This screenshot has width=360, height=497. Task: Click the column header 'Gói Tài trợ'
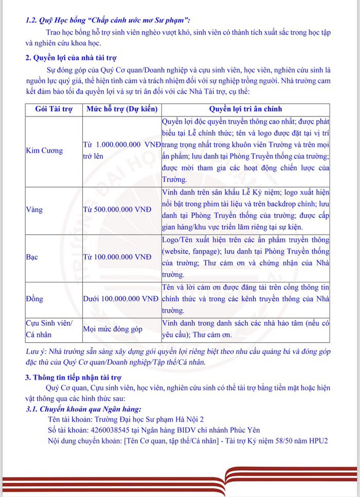[x=54, y=109]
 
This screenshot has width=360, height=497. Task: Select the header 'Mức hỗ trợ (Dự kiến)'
[x=121, y=109]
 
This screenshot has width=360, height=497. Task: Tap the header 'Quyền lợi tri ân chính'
[x=245, y=109]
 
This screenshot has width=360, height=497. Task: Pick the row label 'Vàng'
[x=34, y=210]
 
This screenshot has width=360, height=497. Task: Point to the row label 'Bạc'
[x=33, y=256]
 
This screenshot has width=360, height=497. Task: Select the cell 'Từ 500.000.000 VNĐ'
[x=117, y=210]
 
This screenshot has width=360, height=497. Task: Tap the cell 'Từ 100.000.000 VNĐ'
[x=117, y=256]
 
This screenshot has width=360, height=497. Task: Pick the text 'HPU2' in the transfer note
[x=318, y=441]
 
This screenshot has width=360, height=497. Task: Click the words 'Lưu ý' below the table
[x=35, y=351]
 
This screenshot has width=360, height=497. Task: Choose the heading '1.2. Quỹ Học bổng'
[x=57, y=21]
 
